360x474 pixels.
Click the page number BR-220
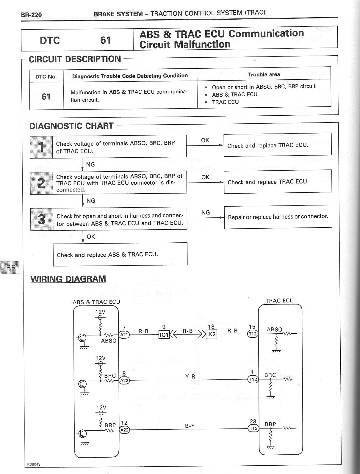click(31, 15)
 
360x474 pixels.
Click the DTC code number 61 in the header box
click(106, 40)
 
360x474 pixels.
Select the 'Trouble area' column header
click(264, 75)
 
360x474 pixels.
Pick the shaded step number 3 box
click(42, 219)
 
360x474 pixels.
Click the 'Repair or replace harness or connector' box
click(278, 217)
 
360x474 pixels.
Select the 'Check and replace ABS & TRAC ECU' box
click(120, 254)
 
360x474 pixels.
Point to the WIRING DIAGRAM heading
click(68, 279)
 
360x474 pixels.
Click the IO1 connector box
click(164, 335)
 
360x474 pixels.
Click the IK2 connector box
click(211, 334)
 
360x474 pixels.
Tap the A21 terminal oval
click(124, 335)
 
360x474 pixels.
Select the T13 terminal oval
click(253, 429)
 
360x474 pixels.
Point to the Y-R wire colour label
click(190, 376)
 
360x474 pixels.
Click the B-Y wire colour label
click(190, 426)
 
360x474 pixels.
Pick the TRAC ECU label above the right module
click(279, 301)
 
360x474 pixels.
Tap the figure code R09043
click(34, 464)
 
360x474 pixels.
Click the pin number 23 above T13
click(253, 421)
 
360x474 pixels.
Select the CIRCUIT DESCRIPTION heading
click(75, 59)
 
